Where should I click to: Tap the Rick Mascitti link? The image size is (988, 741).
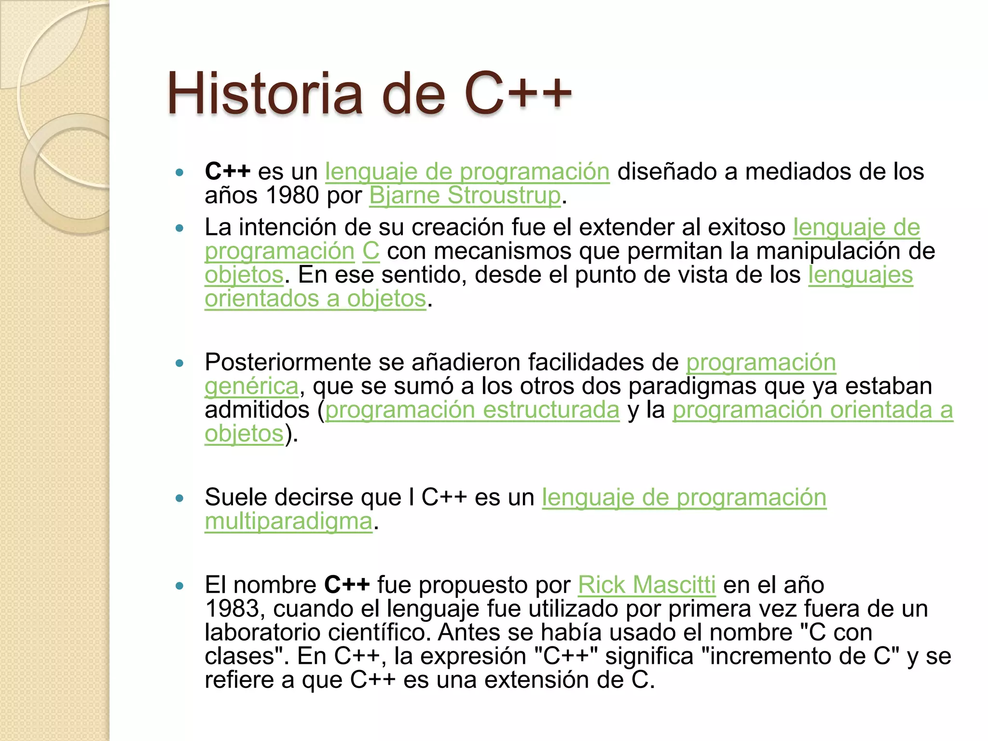(x=646, y=585)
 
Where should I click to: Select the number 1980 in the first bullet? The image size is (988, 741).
(x=292, y=195)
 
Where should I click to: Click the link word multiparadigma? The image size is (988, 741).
(x=288, y=521)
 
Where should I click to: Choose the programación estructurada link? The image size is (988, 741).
(x=472, y=410)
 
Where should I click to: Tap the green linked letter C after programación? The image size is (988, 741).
(x=370, y=251)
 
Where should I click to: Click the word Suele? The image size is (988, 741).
(x=233, y=497)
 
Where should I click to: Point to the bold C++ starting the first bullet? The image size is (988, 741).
(x=227, y=171)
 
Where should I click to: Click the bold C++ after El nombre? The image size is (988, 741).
(x=346, y=585)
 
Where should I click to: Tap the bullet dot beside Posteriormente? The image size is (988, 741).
(x=180, y=363)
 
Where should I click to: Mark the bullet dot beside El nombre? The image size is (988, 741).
(x=180, y=586)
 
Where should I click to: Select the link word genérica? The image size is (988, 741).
(x=251, y=386)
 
